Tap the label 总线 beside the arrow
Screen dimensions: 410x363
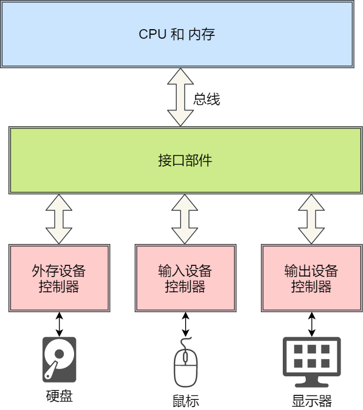(206, 100)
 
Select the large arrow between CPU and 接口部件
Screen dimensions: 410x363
(180, 97)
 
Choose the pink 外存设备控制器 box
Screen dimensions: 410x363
(59, 278)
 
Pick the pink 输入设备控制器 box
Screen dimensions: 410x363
(185, 278)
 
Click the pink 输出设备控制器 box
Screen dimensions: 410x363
(311, 278)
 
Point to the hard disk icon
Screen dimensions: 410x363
(59, 360)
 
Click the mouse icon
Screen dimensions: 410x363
(186, 365)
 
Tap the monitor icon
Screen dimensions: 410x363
(311, 362)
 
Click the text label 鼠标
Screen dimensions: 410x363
(186, 401)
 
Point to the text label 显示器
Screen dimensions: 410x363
(311, 401)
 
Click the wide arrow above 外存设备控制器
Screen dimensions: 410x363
(59, 219)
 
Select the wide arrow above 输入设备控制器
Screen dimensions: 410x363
(185, 219)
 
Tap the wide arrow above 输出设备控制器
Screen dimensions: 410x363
(311, 219)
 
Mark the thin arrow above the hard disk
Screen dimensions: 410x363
(59, 324)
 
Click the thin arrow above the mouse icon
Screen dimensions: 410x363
(186, 324)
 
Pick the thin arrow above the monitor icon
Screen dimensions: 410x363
(311, 324)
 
